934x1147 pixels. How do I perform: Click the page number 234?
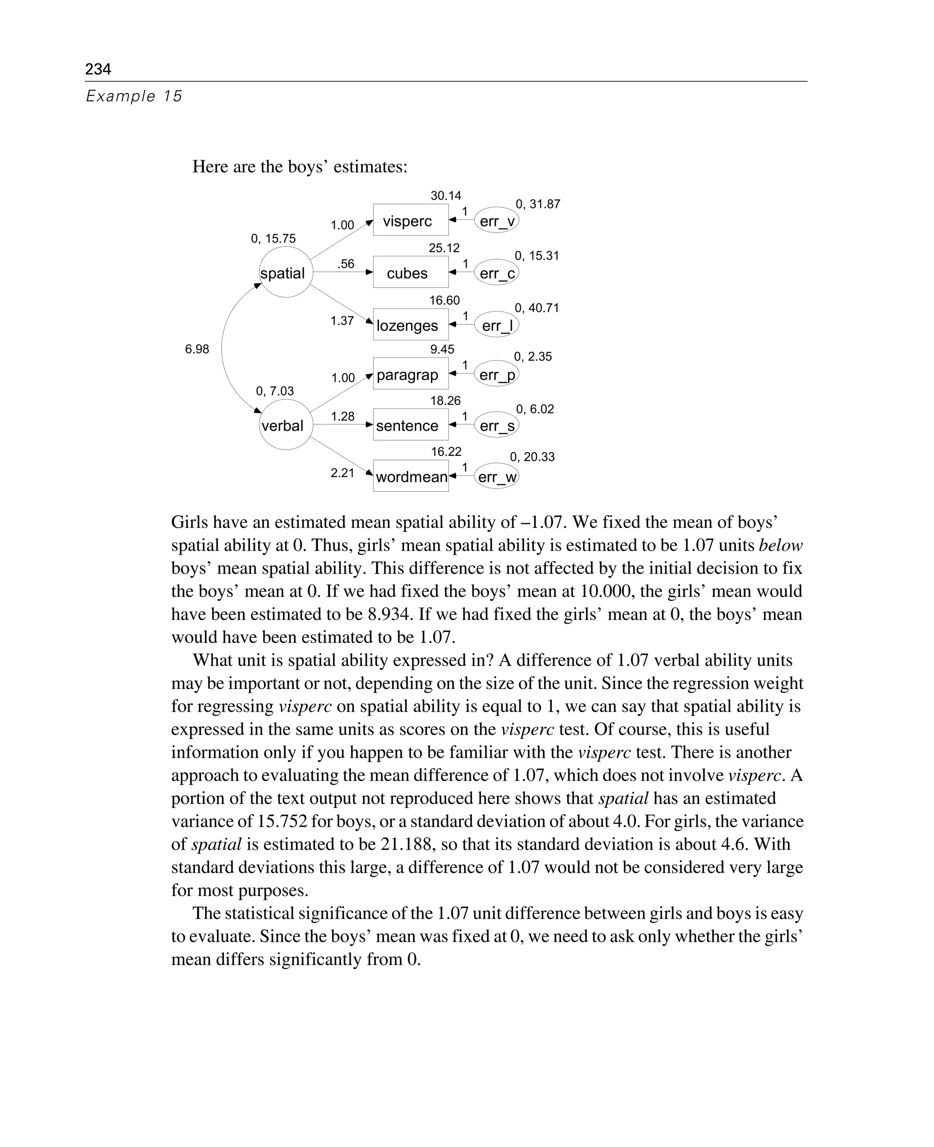click(98, 69)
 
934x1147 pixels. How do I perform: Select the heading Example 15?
click(134, 96)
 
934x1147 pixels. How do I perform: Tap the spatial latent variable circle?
click(285, 272)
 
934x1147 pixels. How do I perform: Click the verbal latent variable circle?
click(285, 425)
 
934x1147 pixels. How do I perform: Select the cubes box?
click(410, 272)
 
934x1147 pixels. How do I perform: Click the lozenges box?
click(410, 324)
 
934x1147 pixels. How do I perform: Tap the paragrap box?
click(410, 374)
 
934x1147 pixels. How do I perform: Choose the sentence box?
click(410, 425)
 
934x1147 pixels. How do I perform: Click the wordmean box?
click(410, 476)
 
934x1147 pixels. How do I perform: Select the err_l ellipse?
click(497, 324)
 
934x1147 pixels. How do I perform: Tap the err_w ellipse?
click(497, 476)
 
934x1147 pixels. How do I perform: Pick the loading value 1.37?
click(342, 321)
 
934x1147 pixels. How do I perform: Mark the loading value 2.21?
click(342, 473)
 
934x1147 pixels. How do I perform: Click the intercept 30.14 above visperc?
click(446, 196)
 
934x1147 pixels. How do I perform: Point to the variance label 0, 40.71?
click(536, 308)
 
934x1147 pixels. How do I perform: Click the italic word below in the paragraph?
click(780, 545)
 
